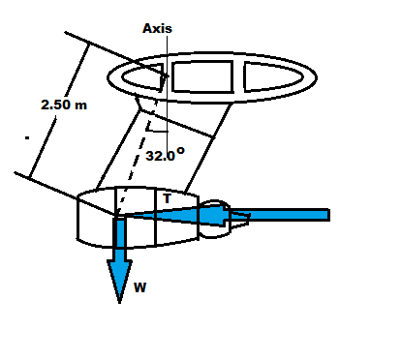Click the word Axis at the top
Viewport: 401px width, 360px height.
click(x=157, y=28)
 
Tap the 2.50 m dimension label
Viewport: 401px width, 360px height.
click(x=64, y=105)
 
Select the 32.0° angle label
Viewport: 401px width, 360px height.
click(x=165, y=155)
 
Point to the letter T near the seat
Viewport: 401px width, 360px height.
click(x=167, y=198)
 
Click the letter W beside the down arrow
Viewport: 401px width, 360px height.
click(x=139, y=287)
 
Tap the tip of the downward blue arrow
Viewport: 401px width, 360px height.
click(x=119, y=303)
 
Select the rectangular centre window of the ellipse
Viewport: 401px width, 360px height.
click(x=202, y=76)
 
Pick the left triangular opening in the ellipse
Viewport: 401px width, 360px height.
click(x=142, y=76)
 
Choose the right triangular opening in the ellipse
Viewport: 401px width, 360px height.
click(x=273, y=76)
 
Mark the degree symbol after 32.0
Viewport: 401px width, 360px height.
click(x=180, y=151)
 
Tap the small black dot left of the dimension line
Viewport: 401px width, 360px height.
click(x=27, y=138)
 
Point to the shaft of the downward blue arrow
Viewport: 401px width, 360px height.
click(x=120, y=240)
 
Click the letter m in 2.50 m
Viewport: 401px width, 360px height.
click(x=81, y=106)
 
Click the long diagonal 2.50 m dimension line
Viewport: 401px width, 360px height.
click(x=59, y=110)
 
